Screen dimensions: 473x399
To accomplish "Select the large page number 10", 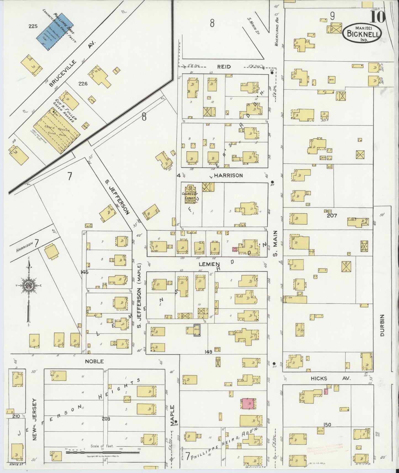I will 378,17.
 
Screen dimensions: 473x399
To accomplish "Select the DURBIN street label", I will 382,325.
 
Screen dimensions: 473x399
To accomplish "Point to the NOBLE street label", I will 94,361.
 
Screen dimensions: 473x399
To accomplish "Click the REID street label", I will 224,67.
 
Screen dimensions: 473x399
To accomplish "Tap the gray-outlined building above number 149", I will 197,330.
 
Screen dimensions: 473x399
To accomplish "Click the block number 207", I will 332,216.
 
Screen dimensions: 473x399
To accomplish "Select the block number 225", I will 33,26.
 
